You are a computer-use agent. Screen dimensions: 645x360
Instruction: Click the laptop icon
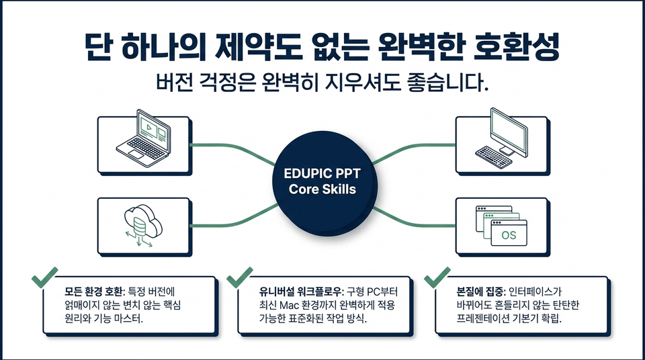coord(144,138)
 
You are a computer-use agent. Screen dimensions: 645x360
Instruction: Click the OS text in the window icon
coord(509,235)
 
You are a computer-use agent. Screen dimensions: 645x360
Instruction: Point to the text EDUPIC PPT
coord(322,173)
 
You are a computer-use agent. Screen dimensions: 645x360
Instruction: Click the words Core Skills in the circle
coord(322,189)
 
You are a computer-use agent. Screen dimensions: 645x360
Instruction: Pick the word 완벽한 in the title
coord(418,46)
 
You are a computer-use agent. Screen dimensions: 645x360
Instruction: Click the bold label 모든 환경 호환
coord(94,291)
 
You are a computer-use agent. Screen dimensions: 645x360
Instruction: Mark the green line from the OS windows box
coord(414,219)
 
